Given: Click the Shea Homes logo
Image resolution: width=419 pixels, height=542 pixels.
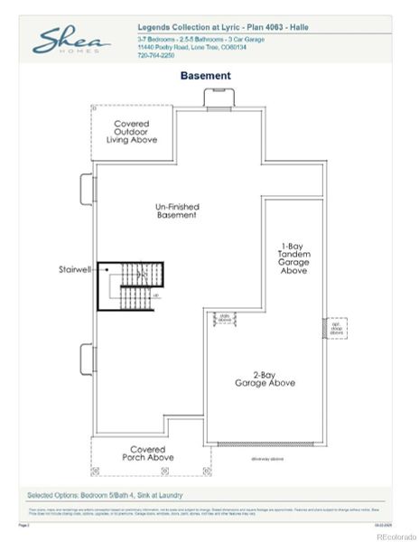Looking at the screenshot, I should point(72,41).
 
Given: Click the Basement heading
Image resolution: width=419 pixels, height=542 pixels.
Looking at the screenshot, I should point(206,76).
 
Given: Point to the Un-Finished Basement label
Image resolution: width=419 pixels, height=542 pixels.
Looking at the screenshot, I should point(177,211).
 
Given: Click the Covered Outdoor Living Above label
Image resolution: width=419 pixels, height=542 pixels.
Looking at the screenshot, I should point(135,132).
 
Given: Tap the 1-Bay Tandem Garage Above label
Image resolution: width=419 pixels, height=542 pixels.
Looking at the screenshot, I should point(294,257).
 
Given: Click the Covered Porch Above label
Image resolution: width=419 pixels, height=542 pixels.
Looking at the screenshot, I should point(147,453).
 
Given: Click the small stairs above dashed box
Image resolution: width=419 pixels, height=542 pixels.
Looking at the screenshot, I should point(224,318).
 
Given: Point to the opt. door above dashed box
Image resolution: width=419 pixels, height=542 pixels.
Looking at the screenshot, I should point(336,328).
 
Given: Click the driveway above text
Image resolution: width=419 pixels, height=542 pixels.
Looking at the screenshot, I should point(266,458).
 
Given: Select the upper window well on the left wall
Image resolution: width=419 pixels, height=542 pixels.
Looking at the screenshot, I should point(89,188).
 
